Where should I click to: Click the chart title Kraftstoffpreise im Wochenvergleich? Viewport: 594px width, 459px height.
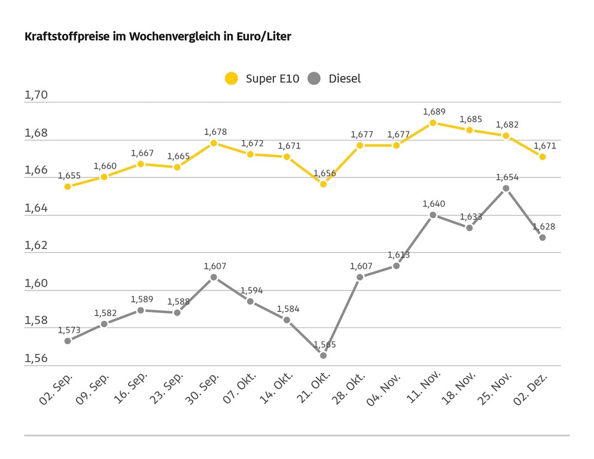point(157,37)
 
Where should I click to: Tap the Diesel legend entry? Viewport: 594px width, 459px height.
point(335,78)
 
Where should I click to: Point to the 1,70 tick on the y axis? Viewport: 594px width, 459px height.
point(36,96)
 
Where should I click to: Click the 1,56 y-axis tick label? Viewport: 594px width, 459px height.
point(36,358)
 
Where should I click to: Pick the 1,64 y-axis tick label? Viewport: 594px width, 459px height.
point(36,208)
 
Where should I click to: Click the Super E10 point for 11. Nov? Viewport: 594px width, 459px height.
point(433,123)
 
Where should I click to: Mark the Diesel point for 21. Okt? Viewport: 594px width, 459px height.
point(323,356)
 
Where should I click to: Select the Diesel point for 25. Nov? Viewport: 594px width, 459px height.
point(506,188)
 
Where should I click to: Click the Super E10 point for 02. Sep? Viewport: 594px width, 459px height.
point(68,186)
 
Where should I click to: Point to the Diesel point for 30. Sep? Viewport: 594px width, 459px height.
point(214,277)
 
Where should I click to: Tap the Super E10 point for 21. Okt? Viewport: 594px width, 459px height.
point(323,184)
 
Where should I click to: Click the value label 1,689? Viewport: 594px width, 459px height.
point(434,112)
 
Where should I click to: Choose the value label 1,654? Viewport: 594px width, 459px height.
point(507,177)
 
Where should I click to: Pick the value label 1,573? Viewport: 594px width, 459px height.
point(69,329)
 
